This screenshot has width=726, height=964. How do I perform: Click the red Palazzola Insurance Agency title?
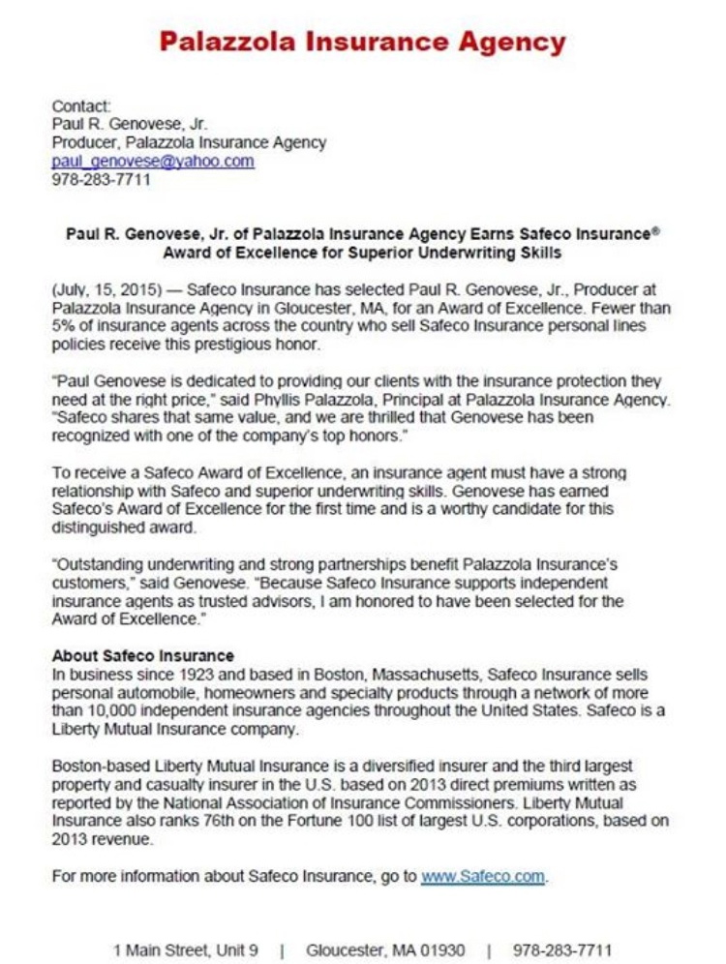[x=362, y=42]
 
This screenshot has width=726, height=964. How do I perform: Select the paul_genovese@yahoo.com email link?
[x=153, y=162]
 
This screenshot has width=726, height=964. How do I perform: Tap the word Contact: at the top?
[x=81, y=105]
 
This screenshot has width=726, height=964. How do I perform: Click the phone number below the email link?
[x=101, y=180]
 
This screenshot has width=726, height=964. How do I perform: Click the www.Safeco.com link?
[x=483, y=877]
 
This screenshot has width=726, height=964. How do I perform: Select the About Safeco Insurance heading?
[x=143, y=655]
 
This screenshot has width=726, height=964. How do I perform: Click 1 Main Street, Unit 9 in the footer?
[x=185, y=949]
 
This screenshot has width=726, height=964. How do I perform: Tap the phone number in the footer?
[x=562, y=949]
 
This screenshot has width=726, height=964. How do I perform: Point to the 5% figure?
[x=63, y=326]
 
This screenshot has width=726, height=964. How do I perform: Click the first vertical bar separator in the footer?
[x=282, y=949]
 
